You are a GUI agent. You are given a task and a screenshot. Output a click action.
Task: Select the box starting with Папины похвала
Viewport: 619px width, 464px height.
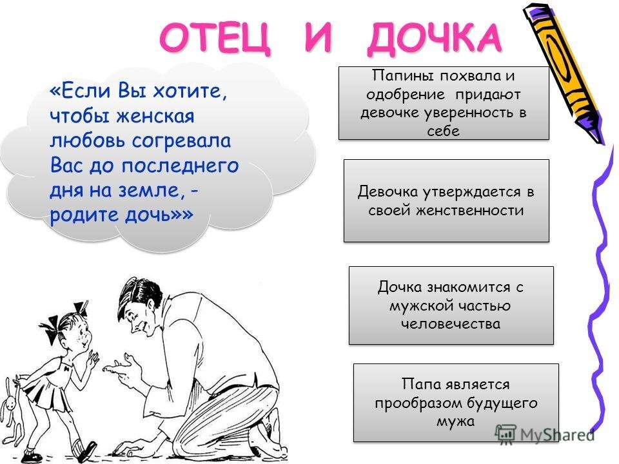pos(443,103)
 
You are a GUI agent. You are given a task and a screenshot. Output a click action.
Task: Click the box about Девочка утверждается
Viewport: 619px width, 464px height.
pos(446,200)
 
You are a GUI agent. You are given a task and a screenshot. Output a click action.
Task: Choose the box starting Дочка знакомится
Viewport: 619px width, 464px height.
pos(451,305)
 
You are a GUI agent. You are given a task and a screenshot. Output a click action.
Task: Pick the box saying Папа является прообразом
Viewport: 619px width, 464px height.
pos(456,402)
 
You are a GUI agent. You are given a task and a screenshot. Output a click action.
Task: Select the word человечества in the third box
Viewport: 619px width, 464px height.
pos(451,324)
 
